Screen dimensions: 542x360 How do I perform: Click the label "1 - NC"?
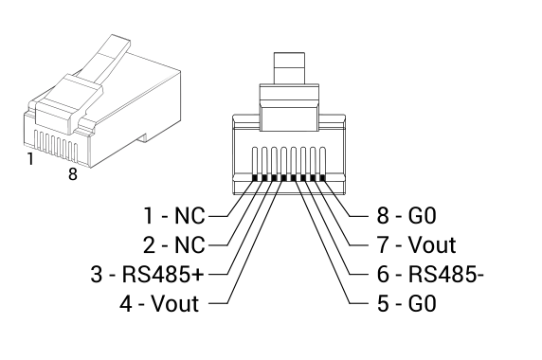(x=174, y=216)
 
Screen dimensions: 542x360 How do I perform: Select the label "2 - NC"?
(x=174, y=245)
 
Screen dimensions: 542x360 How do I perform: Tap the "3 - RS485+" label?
(x=147, y=275)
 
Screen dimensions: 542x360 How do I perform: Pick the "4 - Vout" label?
(x=159, y=303)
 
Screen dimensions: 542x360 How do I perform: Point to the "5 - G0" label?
(x=406, y=304)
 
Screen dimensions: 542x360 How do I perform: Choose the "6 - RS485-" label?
(x=430, y=275)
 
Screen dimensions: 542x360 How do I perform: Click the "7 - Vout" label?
(x=417, y=245)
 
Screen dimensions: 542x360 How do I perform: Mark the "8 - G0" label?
(x=406, y=216)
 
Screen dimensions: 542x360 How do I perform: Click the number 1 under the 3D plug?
(x=30, y=159)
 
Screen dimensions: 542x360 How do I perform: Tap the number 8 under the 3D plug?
(x=73, y=173)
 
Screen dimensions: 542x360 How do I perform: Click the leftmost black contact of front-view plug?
(x=255, y=178)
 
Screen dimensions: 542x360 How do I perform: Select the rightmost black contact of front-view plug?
(x=323, y=178)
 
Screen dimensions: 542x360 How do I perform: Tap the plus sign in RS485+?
(x=198, y=275)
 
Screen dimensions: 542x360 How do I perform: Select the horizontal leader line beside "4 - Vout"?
(x=219, y=304)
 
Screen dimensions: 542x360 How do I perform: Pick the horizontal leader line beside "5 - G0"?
(x=359, y=304)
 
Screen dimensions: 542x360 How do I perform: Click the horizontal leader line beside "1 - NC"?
(x=219, y=216)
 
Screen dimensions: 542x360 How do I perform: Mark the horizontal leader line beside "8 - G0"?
(x=359, y=216)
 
